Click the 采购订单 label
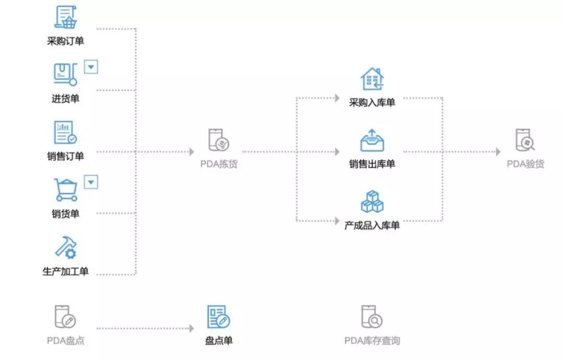65,41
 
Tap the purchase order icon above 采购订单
66,18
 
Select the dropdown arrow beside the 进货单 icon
91,67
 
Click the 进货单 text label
65,99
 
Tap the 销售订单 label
65,156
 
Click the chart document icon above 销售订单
65,133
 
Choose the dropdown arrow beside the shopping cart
91,181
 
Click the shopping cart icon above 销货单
66,190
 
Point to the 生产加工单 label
65,271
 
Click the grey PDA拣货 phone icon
218,141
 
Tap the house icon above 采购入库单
372,79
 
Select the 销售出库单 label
372,164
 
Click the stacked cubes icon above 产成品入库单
372,202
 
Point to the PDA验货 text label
525,164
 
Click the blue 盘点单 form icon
218,317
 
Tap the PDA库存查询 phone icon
372,317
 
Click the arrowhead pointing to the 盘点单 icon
191,328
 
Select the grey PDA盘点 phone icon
65,317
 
